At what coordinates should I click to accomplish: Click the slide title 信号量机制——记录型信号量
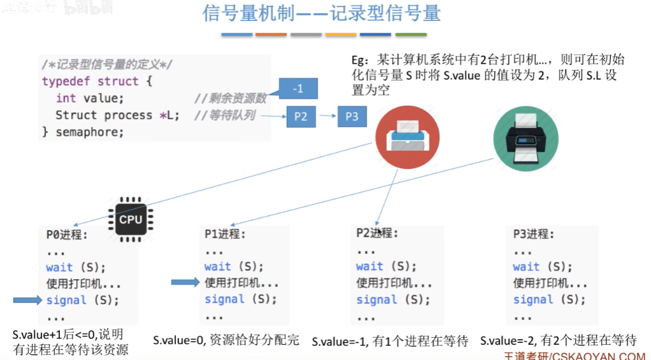tap(321, 13)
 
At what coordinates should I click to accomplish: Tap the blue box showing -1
tap(298, 89)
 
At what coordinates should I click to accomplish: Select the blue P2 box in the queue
tap(301, 117)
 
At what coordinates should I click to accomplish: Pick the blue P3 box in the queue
tap(352, 117)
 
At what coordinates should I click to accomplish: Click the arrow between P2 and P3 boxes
tap(326, 117)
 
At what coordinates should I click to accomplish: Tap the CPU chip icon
tap(130, 219)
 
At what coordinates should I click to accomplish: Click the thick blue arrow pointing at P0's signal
tap(28, 299)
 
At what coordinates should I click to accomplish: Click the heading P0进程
tap(67, 234)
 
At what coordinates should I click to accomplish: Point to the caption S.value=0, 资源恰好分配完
tap(226, 340)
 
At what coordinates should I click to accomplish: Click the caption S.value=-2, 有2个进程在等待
tap(558, 341)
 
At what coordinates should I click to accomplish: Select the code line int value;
tap(89, 98)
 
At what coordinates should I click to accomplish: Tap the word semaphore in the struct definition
tap(89, 133)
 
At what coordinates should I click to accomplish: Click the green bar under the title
tap(411, 34)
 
